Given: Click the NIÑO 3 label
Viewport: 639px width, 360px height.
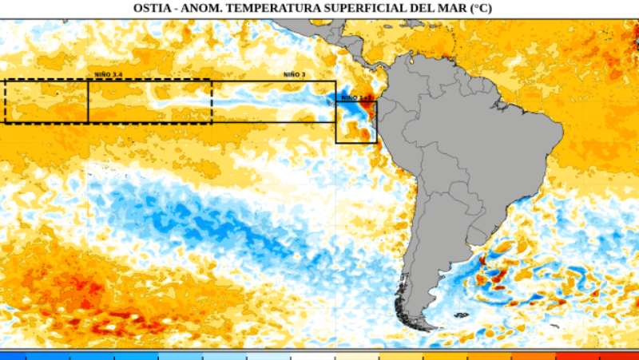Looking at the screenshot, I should (294, 74).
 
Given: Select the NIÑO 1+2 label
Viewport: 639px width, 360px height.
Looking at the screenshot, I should (356, 97).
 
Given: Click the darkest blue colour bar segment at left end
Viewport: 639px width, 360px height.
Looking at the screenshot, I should (13, 355).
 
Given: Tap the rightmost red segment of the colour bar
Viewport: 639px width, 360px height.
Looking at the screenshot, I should (619, 355).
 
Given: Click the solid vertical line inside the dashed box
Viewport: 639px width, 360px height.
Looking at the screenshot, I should (88, 101).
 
